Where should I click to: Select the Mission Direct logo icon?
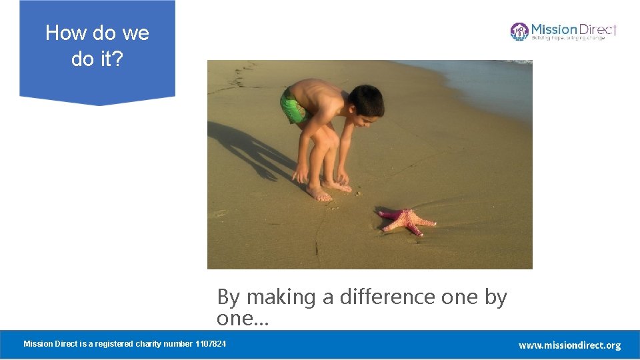(x=519, y=31)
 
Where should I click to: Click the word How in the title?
(x=63, y=33)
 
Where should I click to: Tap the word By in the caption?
(x=228, y=297)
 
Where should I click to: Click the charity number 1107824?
(x=211, y=344)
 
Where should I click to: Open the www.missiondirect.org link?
(x=569, y=345)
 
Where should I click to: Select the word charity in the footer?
(x=150, y=344)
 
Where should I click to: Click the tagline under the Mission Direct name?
(x=568, y=39)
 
